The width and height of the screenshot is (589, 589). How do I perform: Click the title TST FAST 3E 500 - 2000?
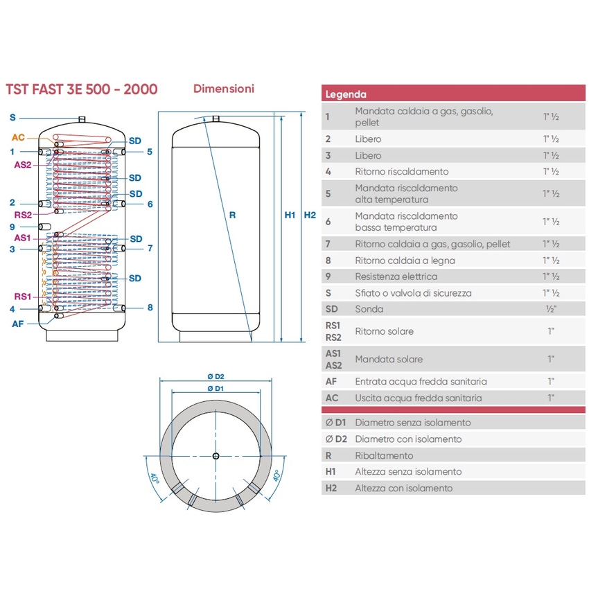(x=82, y=89)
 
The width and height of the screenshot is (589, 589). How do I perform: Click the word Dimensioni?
(x=224, y=89)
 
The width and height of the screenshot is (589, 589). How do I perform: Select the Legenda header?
(x=346, y=94)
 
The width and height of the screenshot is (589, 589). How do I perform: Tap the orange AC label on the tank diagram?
(x=18, y=137)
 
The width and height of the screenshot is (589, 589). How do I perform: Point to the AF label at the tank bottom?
(x=17, y=324)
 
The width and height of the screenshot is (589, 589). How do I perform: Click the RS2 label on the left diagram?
(x=23, y=215)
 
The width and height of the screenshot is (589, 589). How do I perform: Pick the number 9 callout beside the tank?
(x=12, y=227)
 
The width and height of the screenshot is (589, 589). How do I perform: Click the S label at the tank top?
(x=12, y=118)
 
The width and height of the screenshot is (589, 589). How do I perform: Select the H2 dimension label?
(x=310, y=215)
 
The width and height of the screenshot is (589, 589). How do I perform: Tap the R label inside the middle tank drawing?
(x=233, y=215)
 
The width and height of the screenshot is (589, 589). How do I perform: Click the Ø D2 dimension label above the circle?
(x=216, y=376)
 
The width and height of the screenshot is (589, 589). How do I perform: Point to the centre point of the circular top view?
(x=216, y=456)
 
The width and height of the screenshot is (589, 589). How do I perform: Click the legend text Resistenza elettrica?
(x=396, y=276)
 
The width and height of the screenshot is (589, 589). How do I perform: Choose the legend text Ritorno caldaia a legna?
(x=405, y=261)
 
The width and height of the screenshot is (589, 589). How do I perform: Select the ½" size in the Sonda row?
(x=551, y=309)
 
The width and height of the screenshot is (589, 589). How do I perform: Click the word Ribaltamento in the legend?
(x=385, y=455)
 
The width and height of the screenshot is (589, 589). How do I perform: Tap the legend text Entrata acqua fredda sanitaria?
(x=421, y=381)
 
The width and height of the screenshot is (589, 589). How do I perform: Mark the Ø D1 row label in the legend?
(x=335, y=423)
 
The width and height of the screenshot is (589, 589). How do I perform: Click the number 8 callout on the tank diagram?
(x=150, y=308)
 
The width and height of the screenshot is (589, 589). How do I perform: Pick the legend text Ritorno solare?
(x=385, y=331)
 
